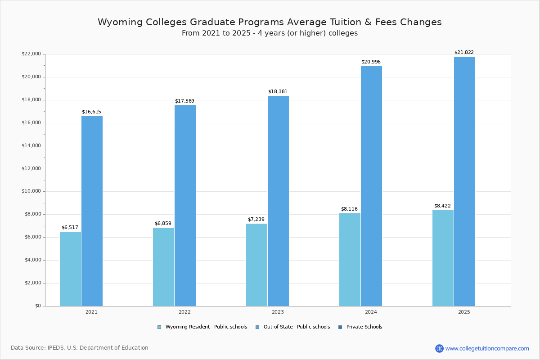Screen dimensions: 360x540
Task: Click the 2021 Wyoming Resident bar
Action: tap(70, 269)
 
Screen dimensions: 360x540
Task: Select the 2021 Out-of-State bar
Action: tap(92, 211)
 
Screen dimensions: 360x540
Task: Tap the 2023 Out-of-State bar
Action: tap(278, 201)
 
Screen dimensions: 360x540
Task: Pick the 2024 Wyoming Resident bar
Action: tap(350, 260)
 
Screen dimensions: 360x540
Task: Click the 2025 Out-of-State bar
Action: tap(464, 181)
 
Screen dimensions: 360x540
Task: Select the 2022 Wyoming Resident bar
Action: tap(163, 267)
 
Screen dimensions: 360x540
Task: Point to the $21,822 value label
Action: tap(464, 52)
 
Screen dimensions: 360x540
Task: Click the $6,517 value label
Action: tap(70, 227)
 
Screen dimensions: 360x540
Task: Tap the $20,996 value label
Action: tap(371, 62)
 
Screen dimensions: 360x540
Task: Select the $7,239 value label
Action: tap(256, 219)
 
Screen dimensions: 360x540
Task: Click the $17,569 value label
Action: tap(184, 101)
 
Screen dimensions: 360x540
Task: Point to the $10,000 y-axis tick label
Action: tap(31, 191)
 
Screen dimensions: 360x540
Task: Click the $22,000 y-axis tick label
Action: tap(31, 54)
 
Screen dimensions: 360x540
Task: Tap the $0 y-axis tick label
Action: tap(37, 306)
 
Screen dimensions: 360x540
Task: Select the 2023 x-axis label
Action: tap(278, 312)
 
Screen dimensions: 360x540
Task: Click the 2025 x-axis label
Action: tap(464, 312)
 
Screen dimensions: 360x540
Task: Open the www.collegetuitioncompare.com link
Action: tap(487, 348)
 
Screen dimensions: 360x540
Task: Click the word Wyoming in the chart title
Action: tap(118, 22)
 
